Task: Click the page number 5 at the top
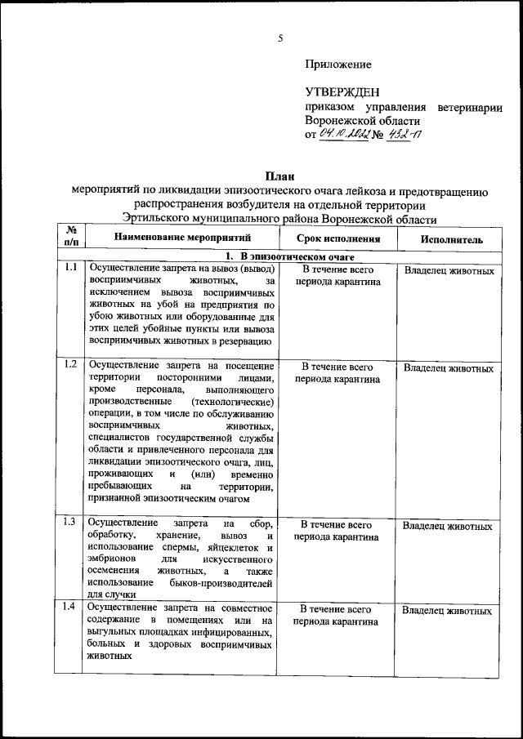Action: coord(279,38)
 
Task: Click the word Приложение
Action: coord(338,65)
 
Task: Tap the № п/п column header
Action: coord(70,238)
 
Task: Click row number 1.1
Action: coord(70,269)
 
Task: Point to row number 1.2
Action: coord(70,364)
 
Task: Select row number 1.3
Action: coord(70,522)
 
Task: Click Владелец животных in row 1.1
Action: coord(449,270)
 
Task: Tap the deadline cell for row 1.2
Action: coord(337,373)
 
